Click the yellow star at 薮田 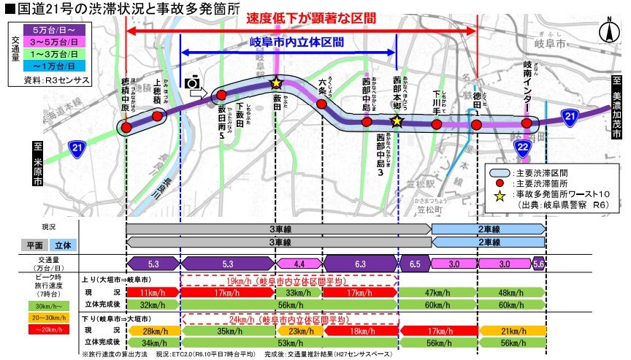(276, 83)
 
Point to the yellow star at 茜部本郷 (397, 120)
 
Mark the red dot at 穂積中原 (126, 128)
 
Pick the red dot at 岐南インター (527, 124)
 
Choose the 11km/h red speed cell (153, 293)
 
